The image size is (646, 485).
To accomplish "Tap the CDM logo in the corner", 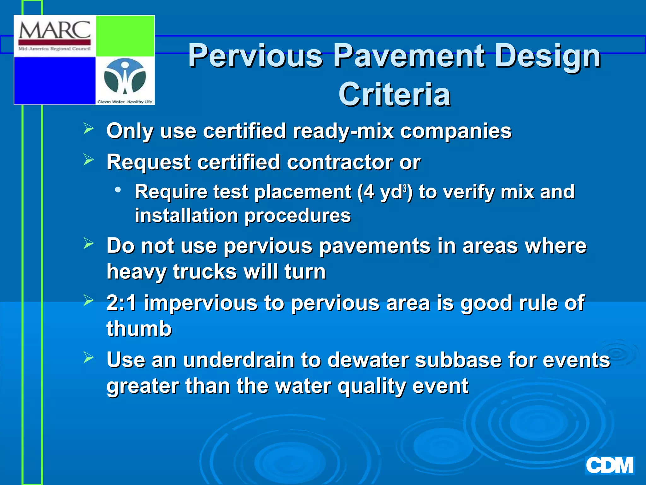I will (x=609, y=466).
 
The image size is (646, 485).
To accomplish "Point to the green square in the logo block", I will (x=125, y=36).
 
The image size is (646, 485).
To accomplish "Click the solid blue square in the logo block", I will (x=55, y=81).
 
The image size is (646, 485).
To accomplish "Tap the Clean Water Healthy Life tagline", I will (x=125, y=102).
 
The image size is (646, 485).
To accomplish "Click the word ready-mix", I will (x=343, y=131).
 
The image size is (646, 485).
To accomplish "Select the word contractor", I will (x=340, y=162).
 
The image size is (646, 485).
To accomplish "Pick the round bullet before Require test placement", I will (x=118, y=190).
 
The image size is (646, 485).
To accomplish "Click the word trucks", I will (x=205, y=272).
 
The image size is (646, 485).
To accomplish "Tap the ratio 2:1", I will (x=121, y=303).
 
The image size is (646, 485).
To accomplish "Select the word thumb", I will (x=139, y=329).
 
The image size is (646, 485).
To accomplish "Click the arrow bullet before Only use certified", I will (x=89, y=129).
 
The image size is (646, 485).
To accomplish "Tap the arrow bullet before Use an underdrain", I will (x=89, y=357).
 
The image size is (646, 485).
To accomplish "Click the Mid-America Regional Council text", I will (x=55, y=49).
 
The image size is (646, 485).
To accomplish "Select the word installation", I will (x=186, y=216).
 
